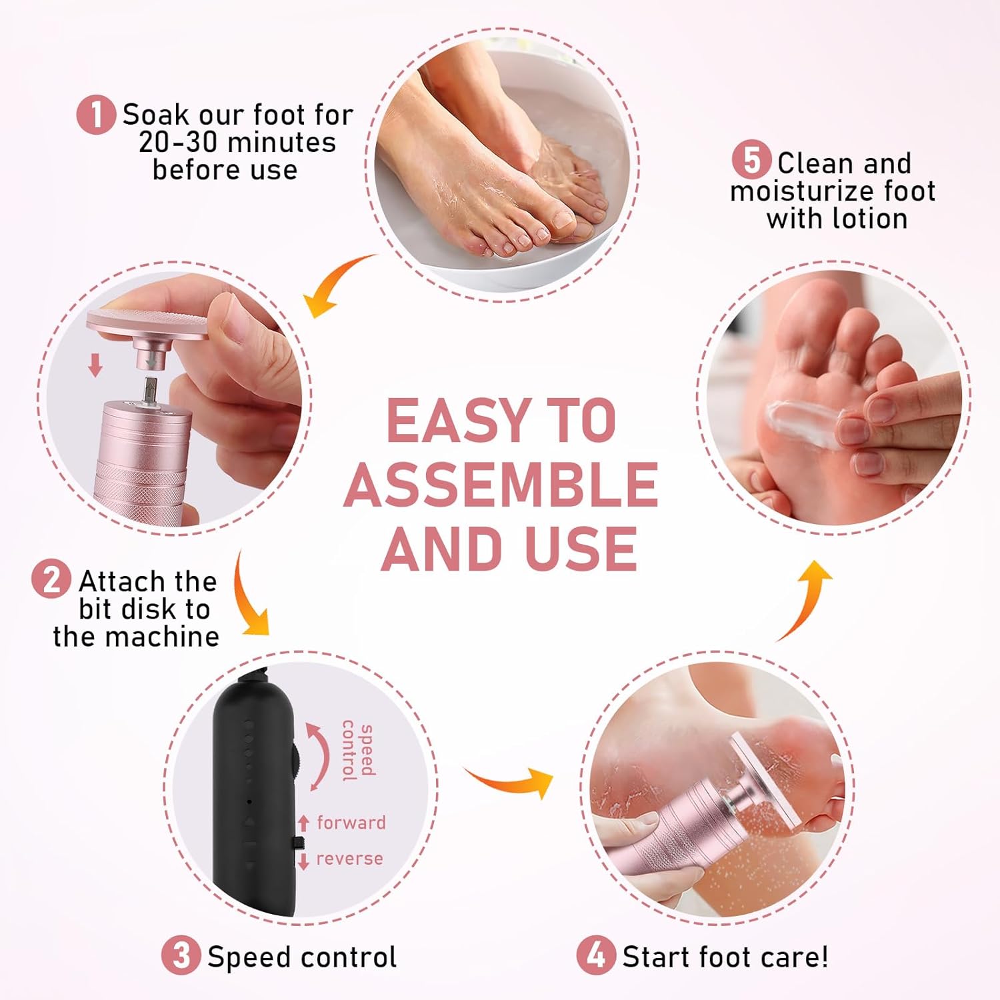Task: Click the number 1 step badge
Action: (x=97, y=115)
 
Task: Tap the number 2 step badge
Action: (x=51, y=579)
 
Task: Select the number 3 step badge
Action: (x=181, y=955)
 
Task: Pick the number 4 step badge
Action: (x=595, y=955)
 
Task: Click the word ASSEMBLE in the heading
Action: (x=501, y=485)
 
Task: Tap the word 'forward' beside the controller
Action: (x=351, y=823)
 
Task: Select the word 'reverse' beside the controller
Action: (x=349, y=859)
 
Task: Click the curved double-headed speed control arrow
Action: (x=320, y=757)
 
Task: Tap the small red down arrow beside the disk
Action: (x=95, y=365)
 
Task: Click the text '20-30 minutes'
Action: (x=237, y=143)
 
